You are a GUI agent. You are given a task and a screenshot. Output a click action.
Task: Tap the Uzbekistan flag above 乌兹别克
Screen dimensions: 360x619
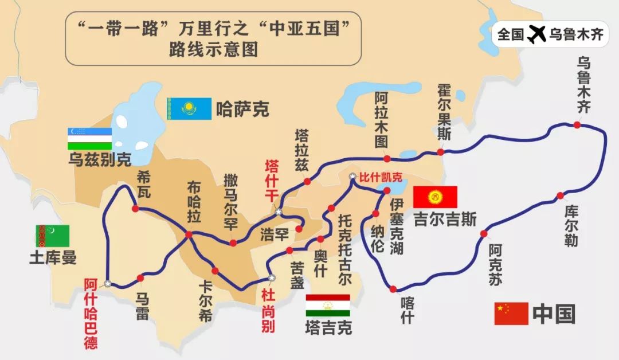(89, 138)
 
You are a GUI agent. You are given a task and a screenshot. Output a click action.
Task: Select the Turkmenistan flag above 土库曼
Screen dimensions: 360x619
(53, 236)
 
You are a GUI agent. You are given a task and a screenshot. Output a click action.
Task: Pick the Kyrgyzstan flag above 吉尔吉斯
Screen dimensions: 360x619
(435, 197)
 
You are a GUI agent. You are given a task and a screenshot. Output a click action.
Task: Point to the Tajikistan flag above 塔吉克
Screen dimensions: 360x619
(327, 306)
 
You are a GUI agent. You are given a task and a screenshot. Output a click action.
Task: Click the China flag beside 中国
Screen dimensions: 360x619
(511, 313)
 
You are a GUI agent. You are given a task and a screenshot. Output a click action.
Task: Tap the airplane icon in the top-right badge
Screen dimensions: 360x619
(536, 34)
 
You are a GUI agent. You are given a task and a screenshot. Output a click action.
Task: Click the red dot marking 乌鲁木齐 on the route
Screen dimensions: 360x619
(577, 125)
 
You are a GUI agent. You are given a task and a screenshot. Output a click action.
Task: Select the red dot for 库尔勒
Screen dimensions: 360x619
(560, 195)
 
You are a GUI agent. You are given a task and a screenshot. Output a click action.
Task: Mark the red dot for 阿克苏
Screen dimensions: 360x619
(484, 234)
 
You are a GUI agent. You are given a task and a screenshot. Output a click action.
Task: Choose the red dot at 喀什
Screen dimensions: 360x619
(393, 289)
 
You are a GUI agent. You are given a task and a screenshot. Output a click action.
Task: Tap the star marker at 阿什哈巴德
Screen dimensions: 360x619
(108, 284)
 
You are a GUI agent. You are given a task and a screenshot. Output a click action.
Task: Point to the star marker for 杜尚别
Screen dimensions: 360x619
(272, 277)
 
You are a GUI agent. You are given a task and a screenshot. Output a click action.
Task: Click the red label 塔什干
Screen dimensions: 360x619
(271, 181)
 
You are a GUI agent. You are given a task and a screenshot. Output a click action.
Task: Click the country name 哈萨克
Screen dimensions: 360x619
(242, 109)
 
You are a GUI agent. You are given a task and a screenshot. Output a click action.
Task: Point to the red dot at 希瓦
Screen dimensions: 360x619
(135, 209)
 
